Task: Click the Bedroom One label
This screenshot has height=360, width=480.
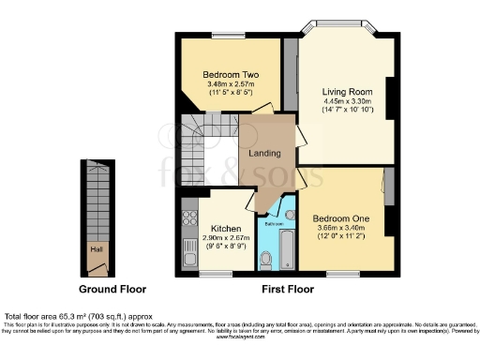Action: point(341,215)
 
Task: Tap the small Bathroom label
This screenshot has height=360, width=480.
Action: point(274,224)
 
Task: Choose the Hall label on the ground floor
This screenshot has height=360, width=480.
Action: point(96,249)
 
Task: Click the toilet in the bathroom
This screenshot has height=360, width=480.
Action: point(265,259)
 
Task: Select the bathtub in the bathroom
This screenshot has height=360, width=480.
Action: point(287,250)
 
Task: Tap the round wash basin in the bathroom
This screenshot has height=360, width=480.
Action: point(290,216)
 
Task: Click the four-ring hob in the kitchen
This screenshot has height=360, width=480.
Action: point(188,219)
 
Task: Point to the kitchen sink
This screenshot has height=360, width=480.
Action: point(188,248)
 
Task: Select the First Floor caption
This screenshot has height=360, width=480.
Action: point(287,289)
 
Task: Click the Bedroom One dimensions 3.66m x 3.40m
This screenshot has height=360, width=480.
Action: point(341,226)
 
